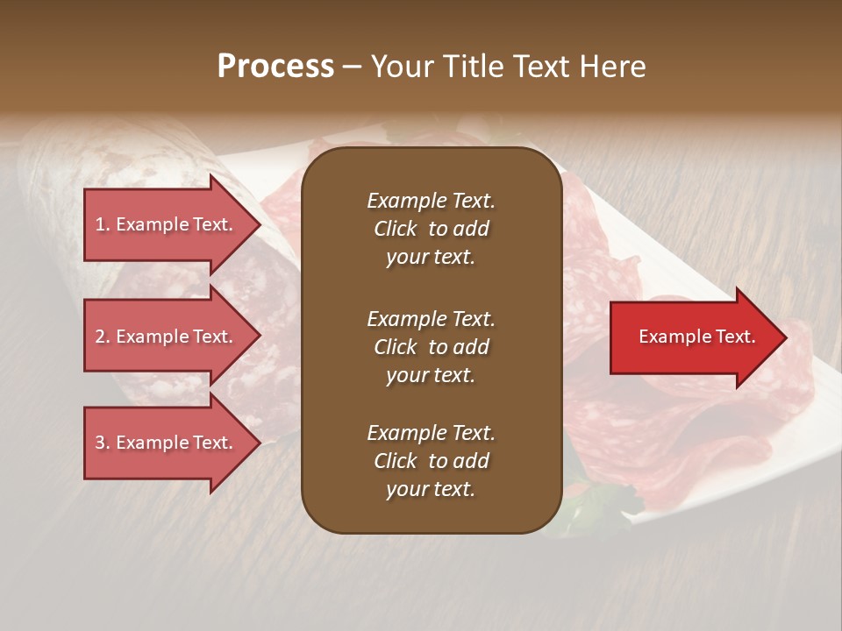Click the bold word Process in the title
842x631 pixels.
coord(275,67)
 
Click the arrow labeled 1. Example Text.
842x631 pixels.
coord(167,224)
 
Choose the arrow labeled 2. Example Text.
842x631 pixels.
coord(167,337)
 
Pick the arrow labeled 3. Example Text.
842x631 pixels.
coord(167,443)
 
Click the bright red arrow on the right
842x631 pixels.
coord(693,337)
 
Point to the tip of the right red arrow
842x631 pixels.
coord(785,337)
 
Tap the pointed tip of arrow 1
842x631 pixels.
coord(259,224)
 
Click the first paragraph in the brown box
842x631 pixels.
coord(431,229)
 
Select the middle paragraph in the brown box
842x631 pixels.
coord(431,347)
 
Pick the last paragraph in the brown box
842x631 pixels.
coord(431,461)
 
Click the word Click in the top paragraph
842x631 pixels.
coord(396,229)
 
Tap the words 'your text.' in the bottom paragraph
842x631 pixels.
coord(431,489)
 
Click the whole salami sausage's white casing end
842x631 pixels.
coord(61,158)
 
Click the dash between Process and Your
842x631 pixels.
coord(352,67)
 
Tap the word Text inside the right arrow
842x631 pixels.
coord(737,337)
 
